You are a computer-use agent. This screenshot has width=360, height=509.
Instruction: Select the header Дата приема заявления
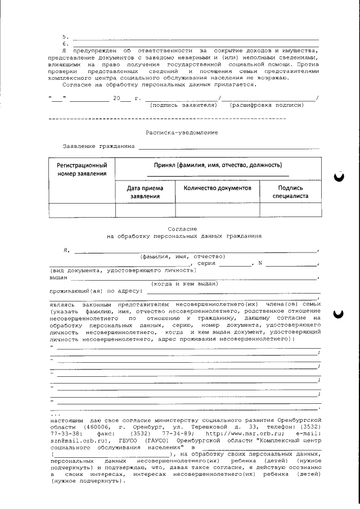(x=145, y=192)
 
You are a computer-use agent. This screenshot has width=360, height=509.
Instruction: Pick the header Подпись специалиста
(x=290, y=192)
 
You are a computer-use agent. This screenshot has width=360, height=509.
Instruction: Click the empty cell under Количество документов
(x=217, y=209)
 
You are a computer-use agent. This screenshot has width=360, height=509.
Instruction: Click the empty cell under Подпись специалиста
(x=290, y=209)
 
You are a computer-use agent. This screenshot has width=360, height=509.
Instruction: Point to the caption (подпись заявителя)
(x=183, y=105)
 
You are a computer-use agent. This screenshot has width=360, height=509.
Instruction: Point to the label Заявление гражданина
(x=99, y=146)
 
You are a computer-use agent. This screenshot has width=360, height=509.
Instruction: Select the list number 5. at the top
(x=65, y=37)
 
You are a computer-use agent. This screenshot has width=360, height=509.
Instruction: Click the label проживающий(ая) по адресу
(x=96, y=291)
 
